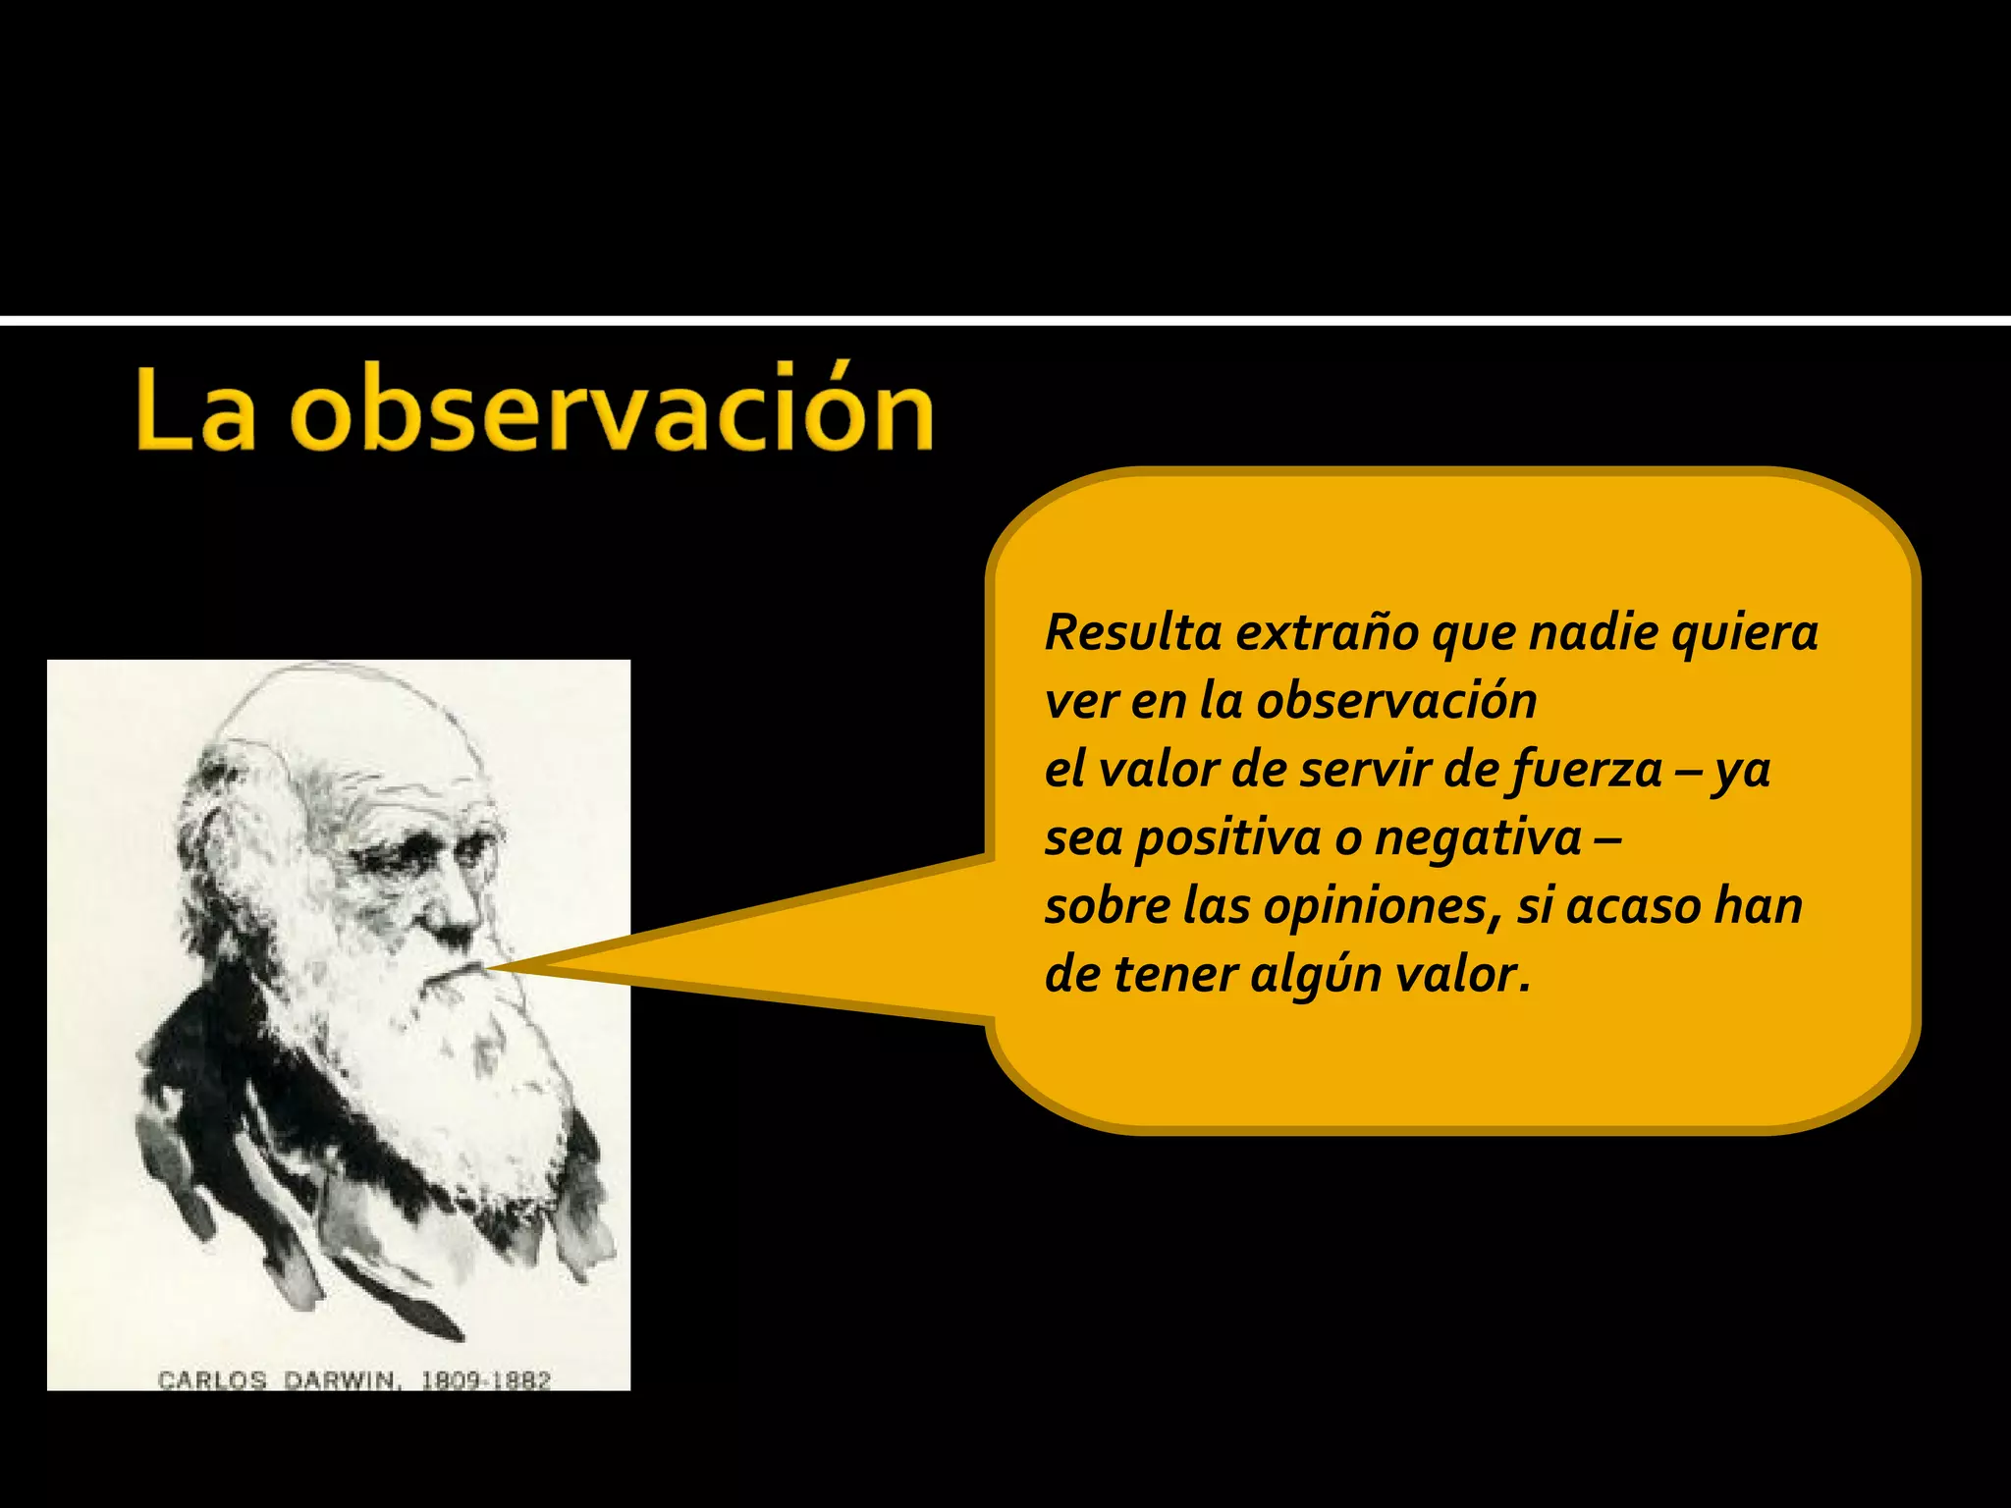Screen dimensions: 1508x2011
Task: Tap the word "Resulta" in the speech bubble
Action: (x=1133, y=633)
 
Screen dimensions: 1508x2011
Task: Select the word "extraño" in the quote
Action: (x=1327, y=633)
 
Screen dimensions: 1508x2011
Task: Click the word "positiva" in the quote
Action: (x=1227, y=838)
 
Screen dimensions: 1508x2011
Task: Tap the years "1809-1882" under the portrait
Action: (x=486, y=1380)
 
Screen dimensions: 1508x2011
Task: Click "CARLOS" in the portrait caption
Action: (x=212, y=1380)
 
